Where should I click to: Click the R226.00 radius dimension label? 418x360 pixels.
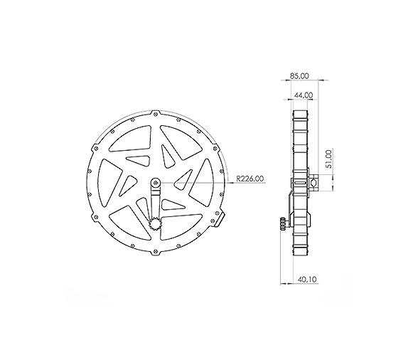click(x=250, y=179)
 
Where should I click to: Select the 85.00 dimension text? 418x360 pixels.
click(x=300, y=75)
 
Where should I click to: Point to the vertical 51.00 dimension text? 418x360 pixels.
click(x=328, y=158)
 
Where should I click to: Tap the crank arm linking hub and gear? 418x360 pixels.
click(x=155, y=203)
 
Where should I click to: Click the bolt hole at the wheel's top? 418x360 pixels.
click(x=156, y=112)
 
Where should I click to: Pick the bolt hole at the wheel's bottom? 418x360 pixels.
click(x=156, y=253)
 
